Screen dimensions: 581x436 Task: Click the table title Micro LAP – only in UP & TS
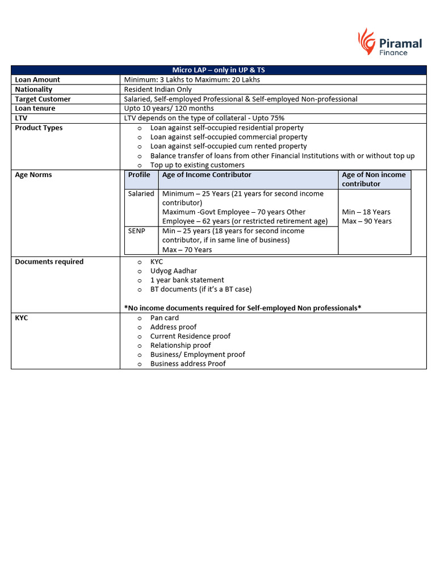coord(219,70)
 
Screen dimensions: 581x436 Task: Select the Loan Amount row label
coord(37,80)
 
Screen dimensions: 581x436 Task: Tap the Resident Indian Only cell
coord(158,90)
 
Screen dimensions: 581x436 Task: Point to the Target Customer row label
coord(43,99)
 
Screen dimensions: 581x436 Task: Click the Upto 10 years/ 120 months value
coord(169,108)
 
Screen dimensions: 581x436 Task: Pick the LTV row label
coord(21,118)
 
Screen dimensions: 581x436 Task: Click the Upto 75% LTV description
coord(204,118)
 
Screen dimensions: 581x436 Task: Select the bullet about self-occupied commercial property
coord(228,137)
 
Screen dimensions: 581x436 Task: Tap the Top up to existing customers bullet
coord(197,165)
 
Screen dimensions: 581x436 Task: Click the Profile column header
coord(139,175)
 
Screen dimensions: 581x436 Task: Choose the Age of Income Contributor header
coord(207,175)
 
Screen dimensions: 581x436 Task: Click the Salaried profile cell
coord(141,193)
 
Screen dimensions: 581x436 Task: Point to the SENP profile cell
coord(137,231)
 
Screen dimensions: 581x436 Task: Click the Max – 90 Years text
coord(367,221)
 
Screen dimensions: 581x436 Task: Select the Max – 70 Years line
coord(187,250)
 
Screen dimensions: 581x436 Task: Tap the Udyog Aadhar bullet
coord(173,271)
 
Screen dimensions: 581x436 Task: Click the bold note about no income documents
coord(243,308)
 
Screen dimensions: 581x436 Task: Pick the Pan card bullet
coord(164,318)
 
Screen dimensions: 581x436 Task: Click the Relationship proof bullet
coord(180,346)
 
